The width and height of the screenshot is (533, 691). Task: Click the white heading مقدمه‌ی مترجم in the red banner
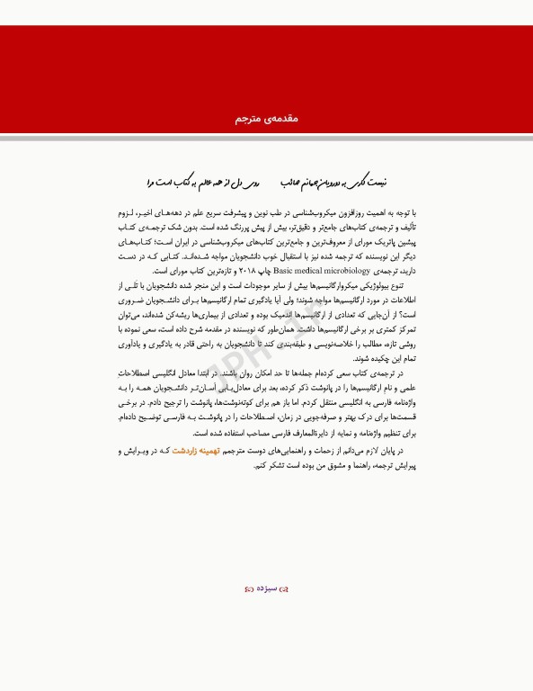pos(266,119)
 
